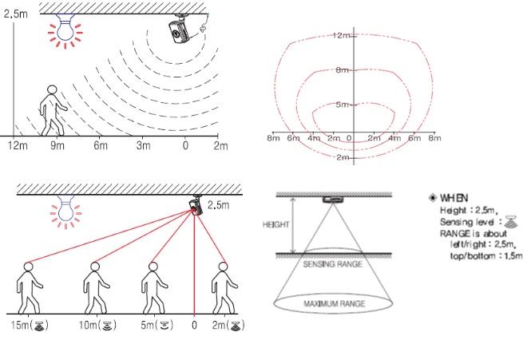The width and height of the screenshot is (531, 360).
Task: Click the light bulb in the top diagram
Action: (65, 29)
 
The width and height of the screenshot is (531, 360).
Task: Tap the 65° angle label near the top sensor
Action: (203, 28)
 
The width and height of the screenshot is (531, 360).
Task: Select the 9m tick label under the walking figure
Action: (57, 145)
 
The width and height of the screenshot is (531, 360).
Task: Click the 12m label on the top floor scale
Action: (18, 145)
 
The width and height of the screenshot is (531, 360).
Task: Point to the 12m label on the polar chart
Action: (340, 35)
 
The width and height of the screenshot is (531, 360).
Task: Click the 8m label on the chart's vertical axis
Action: (342, 70)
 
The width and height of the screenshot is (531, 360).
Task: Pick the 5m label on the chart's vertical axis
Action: (342, 105)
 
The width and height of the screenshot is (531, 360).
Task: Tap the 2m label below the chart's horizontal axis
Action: (343, 157)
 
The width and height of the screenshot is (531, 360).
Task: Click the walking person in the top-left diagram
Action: (51, 110)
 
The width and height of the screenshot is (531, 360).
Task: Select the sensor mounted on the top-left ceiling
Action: (179, 30)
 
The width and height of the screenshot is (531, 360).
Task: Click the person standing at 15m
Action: (29, 288)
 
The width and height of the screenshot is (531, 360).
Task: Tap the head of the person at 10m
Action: (95, 267)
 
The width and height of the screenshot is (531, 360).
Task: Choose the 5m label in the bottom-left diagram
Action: (157, 325)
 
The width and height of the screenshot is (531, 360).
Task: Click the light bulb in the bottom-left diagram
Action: (65, 211)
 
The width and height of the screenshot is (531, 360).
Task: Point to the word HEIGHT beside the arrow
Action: (275, 224)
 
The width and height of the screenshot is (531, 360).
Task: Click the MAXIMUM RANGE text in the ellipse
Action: (335, 303)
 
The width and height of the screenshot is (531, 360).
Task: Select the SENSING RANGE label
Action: (332, 264)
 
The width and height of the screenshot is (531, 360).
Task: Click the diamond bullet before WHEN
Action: (432, 198)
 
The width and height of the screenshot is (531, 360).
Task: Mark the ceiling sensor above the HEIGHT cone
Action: (333, 200)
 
